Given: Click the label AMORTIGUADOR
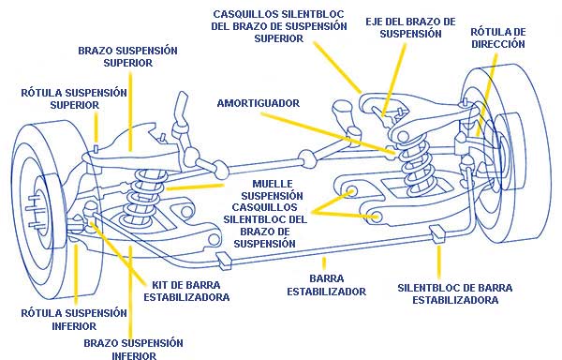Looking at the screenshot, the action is (259, 103).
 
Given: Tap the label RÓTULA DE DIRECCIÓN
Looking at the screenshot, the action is (498, 37).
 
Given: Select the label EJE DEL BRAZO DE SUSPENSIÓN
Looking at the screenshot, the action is (410, 27).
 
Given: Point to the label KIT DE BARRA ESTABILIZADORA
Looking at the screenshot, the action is (186, 292).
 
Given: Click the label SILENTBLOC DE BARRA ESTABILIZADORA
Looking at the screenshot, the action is (455, 293).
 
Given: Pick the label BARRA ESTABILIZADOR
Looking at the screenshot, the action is (327, 285).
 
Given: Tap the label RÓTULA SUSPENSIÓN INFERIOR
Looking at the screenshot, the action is (74, 320).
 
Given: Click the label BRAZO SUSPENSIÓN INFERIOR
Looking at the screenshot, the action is (133, 349).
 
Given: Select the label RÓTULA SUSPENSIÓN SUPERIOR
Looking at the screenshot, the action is (74, 99).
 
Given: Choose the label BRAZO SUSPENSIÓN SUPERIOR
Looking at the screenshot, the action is (127, 56).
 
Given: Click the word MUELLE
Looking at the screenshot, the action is (273, 184).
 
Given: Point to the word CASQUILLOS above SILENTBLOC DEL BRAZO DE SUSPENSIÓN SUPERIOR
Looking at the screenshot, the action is (245, 14).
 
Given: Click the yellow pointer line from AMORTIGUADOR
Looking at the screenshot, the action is (328, 134).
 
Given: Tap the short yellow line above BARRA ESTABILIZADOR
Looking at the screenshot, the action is (324, 263).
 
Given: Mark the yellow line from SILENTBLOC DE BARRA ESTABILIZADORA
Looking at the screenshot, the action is (438, 262).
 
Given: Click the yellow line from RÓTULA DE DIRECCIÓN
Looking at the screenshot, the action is (486, 95).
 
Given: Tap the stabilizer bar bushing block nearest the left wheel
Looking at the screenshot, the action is (225, 261).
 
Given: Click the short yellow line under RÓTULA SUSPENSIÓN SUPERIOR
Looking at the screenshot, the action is (96, 127).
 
